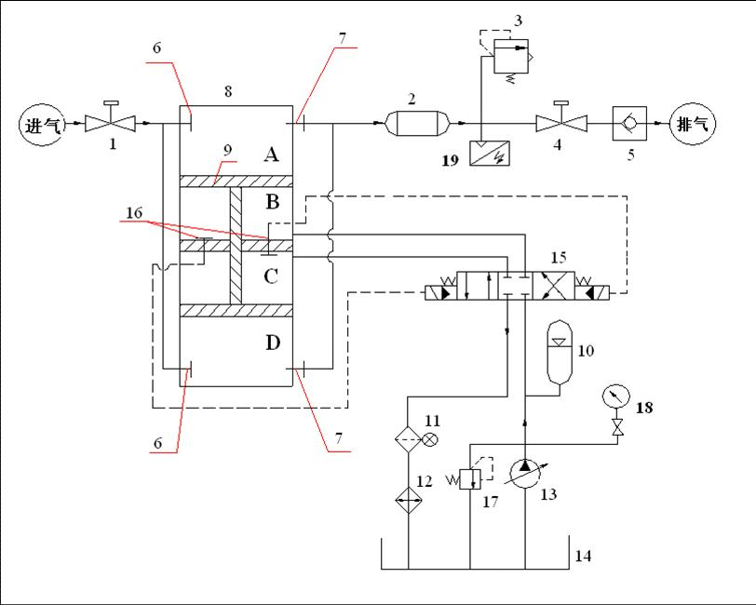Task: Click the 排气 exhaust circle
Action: point(692,124)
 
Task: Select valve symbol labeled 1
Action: point(110,123)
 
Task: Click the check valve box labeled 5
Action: point(628,124)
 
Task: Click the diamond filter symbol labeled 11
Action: point(408,436)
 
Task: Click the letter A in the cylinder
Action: point(271,155)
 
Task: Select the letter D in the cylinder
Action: point(272,343)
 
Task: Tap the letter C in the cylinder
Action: point(271,276)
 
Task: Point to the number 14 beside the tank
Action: point(583,557)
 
